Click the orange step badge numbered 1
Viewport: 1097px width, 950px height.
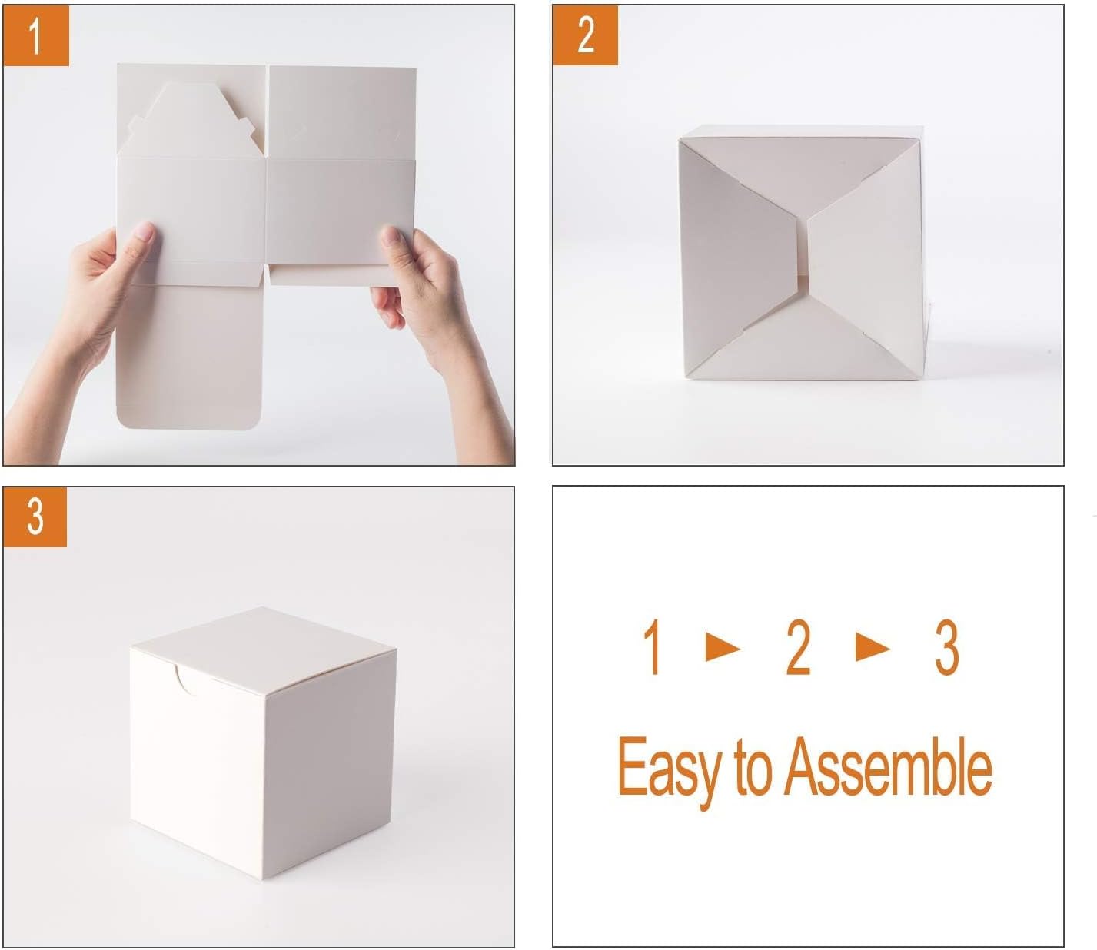[x=36, y=35]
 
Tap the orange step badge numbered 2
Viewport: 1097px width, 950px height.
[x=585, y=35]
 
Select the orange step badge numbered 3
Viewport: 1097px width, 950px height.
[x=35, y=517]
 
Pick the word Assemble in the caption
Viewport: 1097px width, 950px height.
[x=888, y=768]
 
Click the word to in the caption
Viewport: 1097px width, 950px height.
[x=753, y=768]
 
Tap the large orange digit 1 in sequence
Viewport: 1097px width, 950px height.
[x=653, y=649]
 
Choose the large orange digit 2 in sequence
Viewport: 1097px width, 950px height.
[x=798, y=649]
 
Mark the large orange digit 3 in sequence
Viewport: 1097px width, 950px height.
[x=946, y=649]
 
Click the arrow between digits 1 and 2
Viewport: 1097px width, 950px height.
[x=722, y=648]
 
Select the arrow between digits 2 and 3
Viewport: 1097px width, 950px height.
[x=872, y=648]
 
